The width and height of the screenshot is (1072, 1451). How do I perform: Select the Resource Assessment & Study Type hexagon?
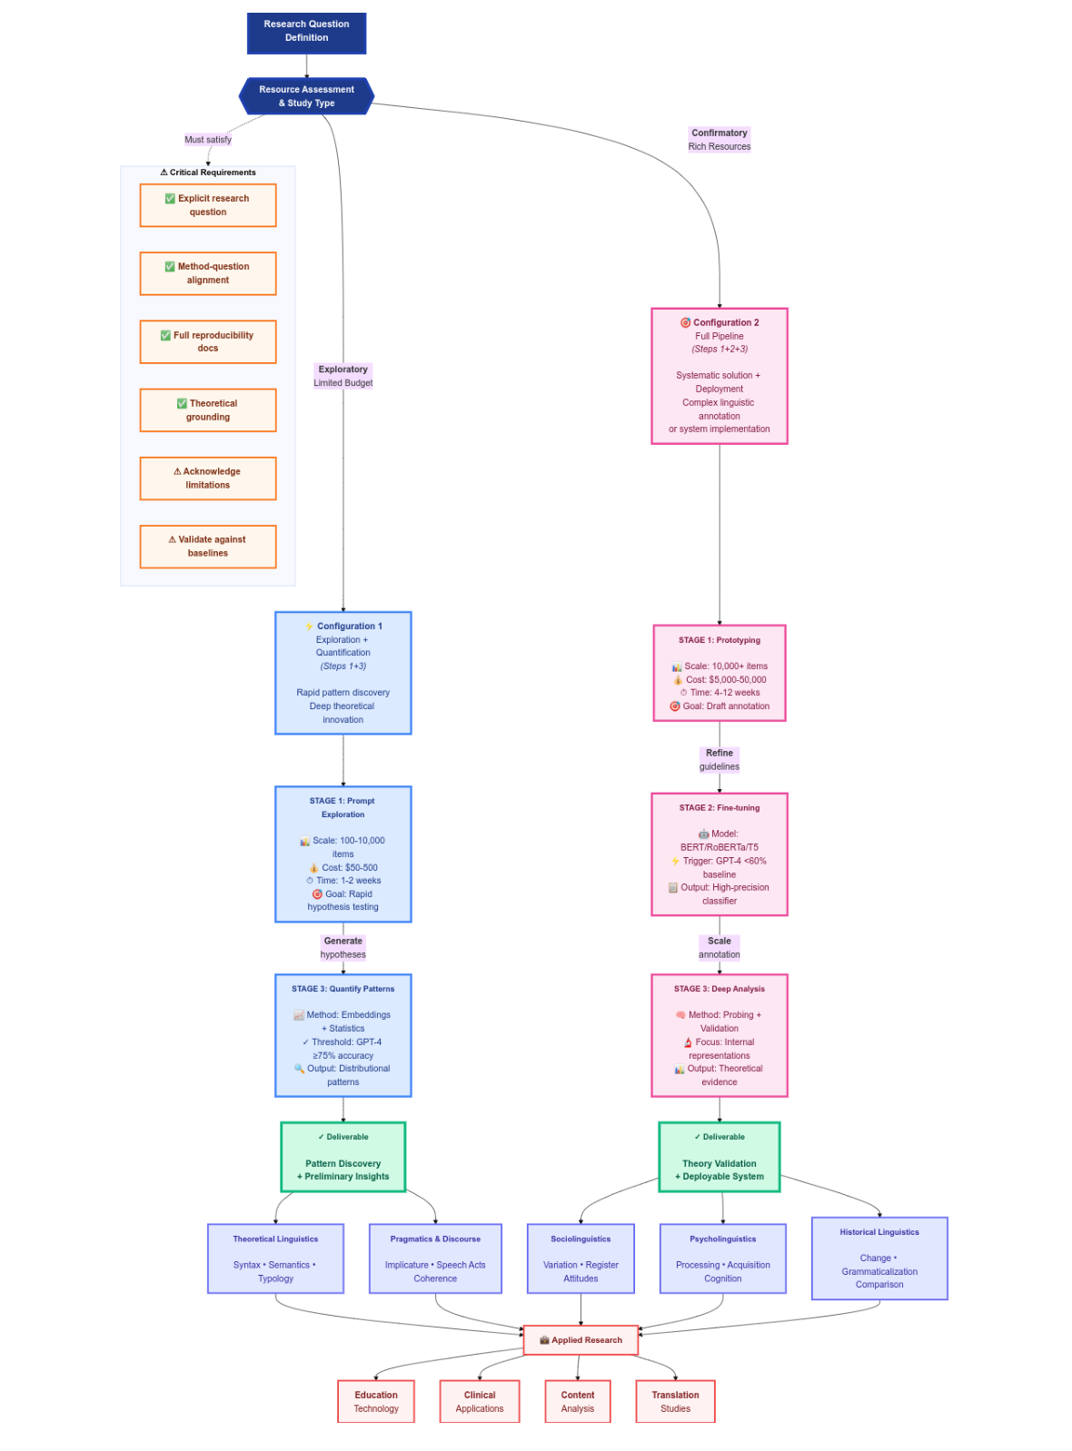(306, 95)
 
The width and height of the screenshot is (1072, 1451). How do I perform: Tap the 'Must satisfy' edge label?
(207, 139)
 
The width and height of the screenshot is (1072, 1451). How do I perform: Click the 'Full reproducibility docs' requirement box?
(208, 341)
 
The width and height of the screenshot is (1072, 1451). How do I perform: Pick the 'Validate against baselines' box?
(208, 546)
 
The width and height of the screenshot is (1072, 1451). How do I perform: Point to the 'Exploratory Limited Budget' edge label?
(342, 375)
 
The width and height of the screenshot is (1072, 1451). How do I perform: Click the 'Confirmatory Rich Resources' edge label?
(719, 139)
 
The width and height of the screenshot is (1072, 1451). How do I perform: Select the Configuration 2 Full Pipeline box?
(719, 375)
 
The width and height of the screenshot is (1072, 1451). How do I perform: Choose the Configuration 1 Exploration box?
(342, 672)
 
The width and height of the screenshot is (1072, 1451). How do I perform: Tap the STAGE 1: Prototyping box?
(719, 672)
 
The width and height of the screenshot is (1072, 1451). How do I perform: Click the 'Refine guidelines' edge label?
(719, 759)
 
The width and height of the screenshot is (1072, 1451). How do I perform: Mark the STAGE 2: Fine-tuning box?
(719, 854)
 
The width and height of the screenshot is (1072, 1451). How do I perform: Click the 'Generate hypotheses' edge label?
(342, 947)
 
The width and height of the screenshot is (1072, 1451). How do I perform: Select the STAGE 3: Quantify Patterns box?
(342, 1034)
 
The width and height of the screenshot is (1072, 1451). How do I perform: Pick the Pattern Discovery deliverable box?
(342, 1156)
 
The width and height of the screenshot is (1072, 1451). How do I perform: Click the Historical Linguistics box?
(878, 1258)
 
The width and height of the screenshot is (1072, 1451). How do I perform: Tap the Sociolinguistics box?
(581, 1258)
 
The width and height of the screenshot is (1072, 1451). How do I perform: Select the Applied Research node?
(581, 1339)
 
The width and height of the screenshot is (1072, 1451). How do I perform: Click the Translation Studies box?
(675, 1401)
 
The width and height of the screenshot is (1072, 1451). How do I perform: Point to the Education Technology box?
(375, 1401)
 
